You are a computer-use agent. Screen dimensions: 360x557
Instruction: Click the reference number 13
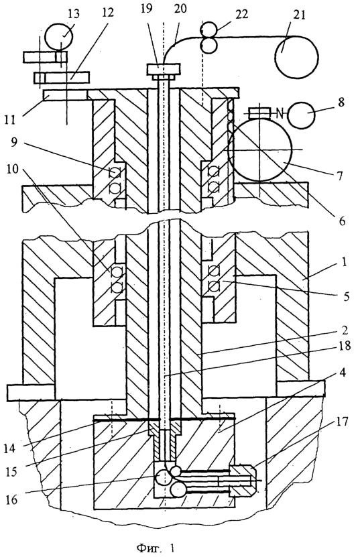coord(74,14)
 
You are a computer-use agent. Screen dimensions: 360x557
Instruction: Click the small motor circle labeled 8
coord(302,114)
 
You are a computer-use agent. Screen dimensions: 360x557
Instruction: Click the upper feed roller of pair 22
coord(206,28)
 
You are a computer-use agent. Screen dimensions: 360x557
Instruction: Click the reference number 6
coord(342,221)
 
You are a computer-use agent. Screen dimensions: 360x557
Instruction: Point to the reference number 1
coord(344,263)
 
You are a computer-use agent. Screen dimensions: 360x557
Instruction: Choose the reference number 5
coord(346,296)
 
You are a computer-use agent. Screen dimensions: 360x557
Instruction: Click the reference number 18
coord(345,346)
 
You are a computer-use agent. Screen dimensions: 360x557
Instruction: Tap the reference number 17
coord(341,422)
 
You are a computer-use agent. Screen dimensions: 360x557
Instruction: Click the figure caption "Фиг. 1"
coord(156,548)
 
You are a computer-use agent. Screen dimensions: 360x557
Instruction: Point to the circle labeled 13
coord(59,36)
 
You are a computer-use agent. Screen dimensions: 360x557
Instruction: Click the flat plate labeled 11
coord(64,95)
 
